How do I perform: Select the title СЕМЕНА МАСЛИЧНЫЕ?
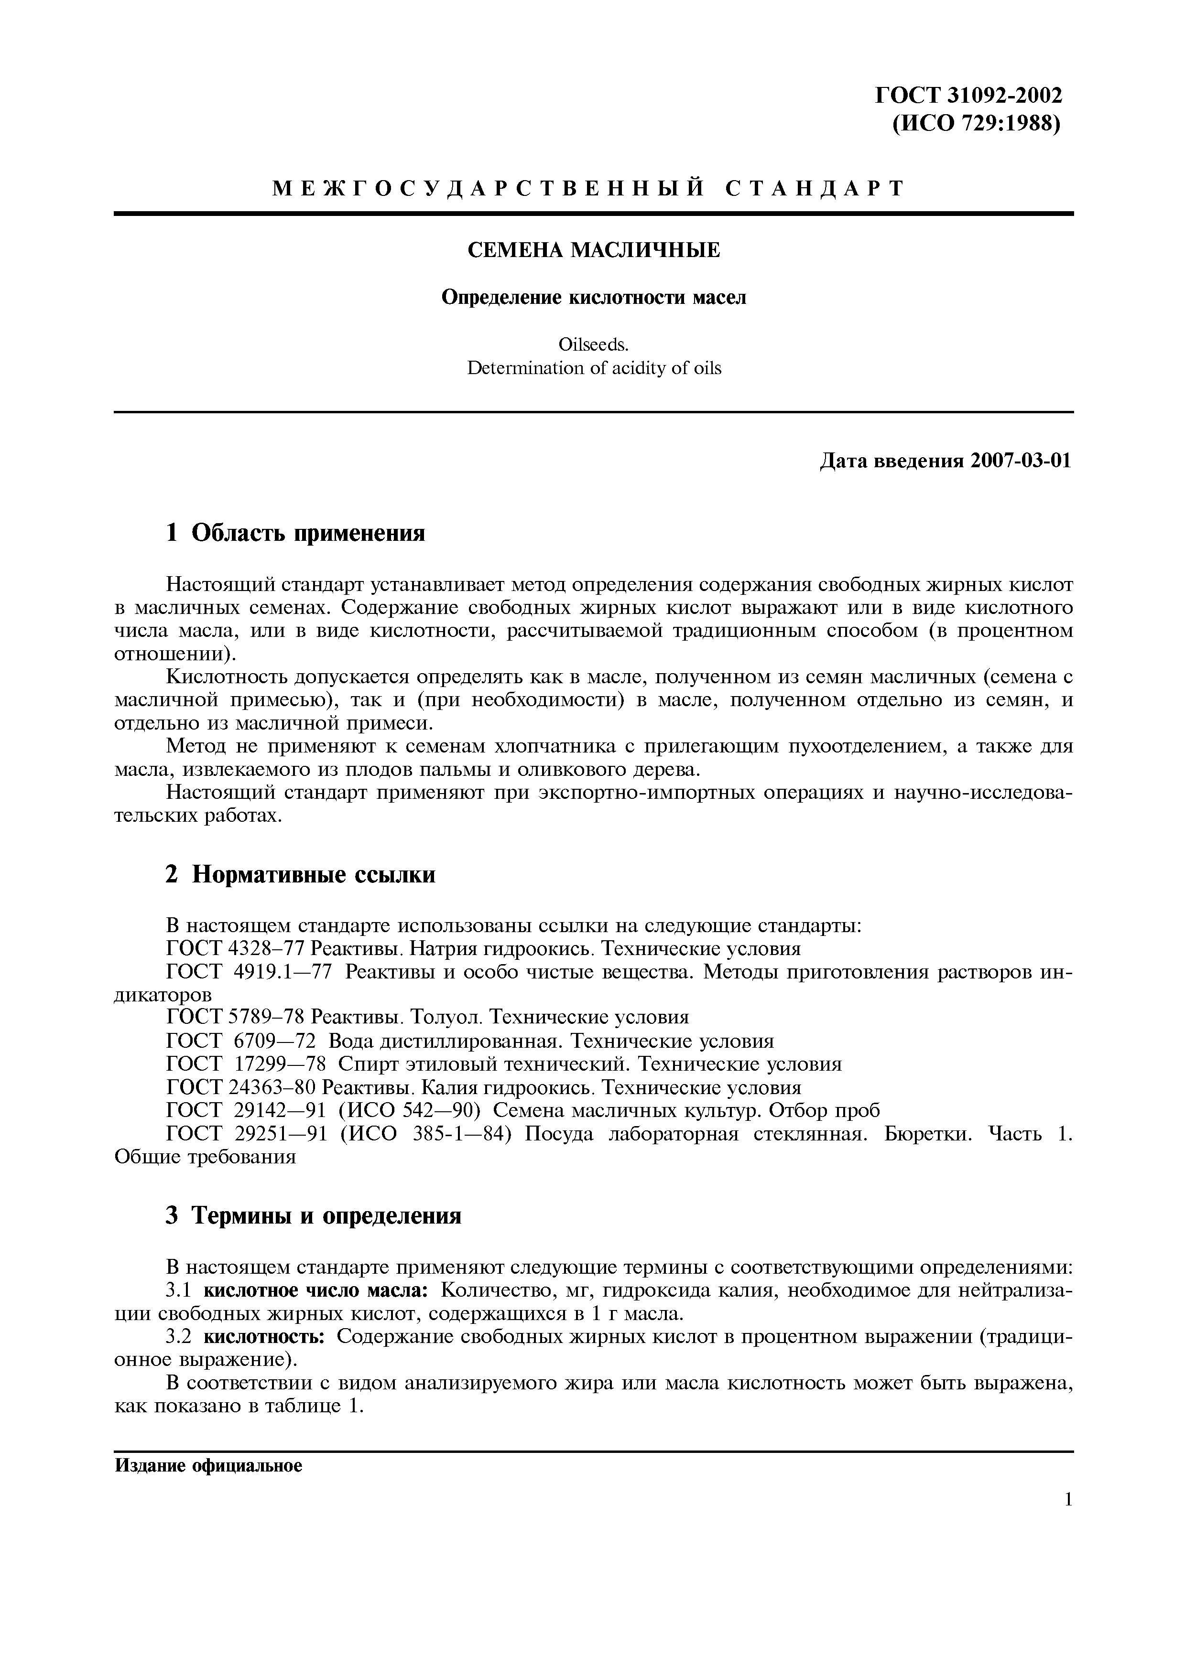[x=593, y=250]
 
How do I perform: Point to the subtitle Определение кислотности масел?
[x=593, y=298]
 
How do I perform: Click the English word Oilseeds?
[x=593, y=344]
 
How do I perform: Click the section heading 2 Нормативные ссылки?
[x=300, y=874]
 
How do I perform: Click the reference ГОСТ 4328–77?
[x=235, y=949]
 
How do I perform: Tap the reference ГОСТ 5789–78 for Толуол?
[x=235, y=1017]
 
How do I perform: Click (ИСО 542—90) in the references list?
[x=409, y=1110]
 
